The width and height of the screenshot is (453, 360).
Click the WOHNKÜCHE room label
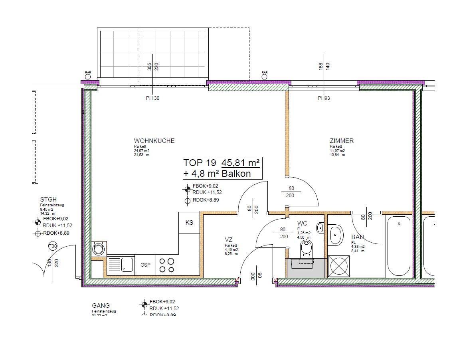tap(154, 141)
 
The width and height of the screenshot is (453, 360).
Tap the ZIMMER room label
tap(341, 141)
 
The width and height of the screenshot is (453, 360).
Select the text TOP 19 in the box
tap(199, 163)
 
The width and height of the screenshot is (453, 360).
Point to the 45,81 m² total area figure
tap(241, 163)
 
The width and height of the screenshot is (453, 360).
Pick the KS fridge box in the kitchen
tap(189, 222)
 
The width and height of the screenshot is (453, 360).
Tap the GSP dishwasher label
tap(145, 265)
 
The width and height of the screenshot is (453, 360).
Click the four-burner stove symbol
tap(167, 265)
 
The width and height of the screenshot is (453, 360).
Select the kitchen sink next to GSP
tap(121, 265)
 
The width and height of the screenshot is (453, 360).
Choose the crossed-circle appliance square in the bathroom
tap(339, 266)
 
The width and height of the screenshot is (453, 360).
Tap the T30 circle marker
tap(53, 246)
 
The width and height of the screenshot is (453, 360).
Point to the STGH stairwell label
tap(48, 200)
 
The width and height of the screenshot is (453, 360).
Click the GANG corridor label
tap(101, 306)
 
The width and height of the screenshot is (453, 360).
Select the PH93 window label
tap(324, 98)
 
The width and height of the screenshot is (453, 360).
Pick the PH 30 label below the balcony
tap(152, 98)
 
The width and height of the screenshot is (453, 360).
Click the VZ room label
tap(228, 239)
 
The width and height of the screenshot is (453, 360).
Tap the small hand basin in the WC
tap(320, 228)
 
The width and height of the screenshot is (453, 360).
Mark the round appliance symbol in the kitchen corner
tap(98, 249)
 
